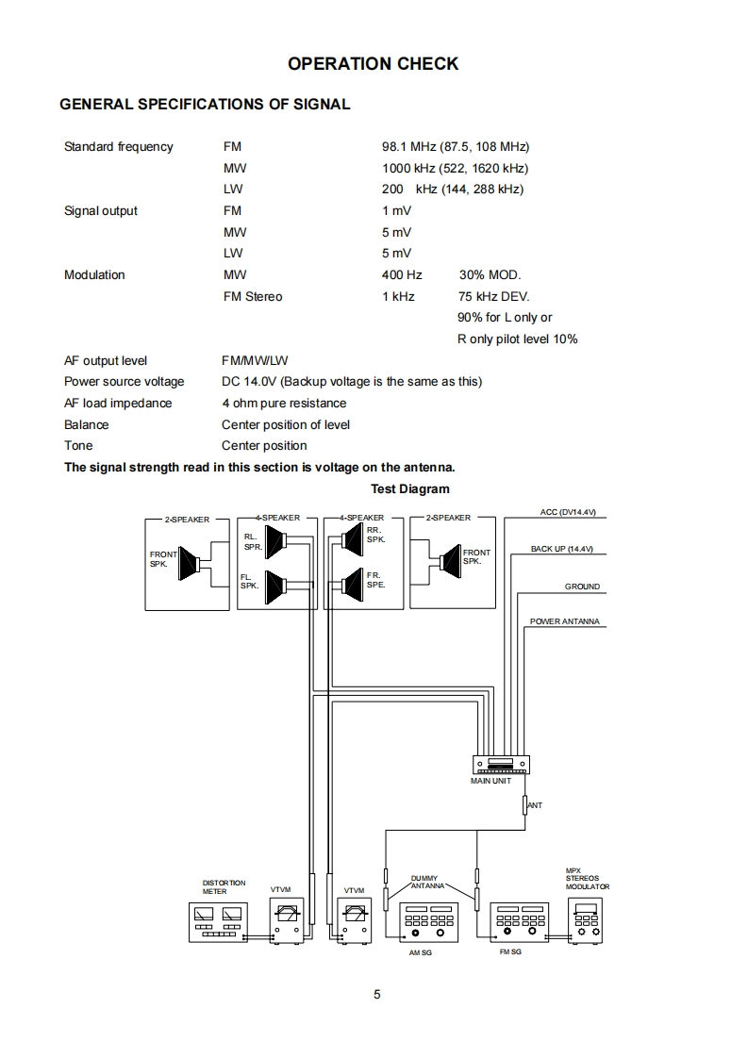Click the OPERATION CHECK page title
[x=373, y=64]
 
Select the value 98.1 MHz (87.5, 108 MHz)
[x=456, y=147]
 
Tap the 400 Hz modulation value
[x=402, y=275]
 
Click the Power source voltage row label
[x=124, y=382]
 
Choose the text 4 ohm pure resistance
[x=284, y=404]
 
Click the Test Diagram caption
[x=410, y=489]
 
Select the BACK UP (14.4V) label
[x=561, y=549]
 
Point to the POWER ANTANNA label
[x=564, y=622]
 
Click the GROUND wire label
[x=582, y=587]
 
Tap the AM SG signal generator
[x=429, y=922]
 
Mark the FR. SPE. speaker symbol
[x=352, y=586]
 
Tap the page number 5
[x=376, y=994]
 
